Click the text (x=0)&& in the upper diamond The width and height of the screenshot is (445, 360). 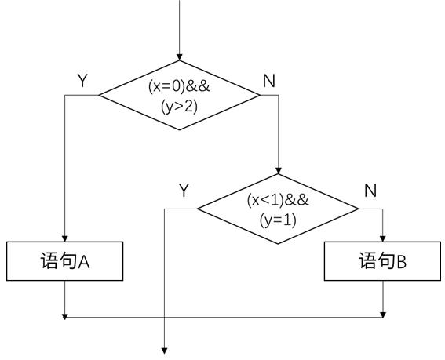pos(179,86)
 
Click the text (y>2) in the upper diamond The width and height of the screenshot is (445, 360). pos(179,107)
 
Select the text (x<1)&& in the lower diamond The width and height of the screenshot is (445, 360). pos(278,200)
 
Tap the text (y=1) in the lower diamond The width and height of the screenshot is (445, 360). pos(278,220)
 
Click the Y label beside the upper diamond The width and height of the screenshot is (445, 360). pos(82,81)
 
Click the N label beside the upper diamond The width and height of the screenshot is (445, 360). pos(269,81)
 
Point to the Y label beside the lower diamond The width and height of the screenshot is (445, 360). pos(184,190)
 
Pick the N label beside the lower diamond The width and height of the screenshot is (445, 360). pos(370,190)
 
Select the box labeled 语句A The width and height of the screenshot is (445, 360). pos(64,261)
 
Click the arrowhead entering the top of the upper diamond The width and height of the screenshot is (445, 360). pos(179,57)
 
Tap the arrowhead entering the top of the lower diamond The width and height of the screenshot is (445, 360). pos(279,171)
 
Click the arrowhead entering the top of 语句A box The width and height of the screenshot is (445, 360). pos(64,238)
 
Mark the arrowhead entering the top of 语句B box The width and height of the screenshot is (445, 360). pos(382,238)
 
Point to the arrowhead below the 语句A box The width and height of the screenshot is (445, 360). pos(64,317)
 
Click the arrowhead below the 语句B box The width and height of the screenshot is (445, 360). pos(383,315)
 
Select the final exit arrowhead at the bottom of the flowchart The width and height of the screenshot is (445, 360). pos(164,351)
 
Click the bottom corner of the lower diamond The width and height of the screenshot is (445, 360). pos(278,244)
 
